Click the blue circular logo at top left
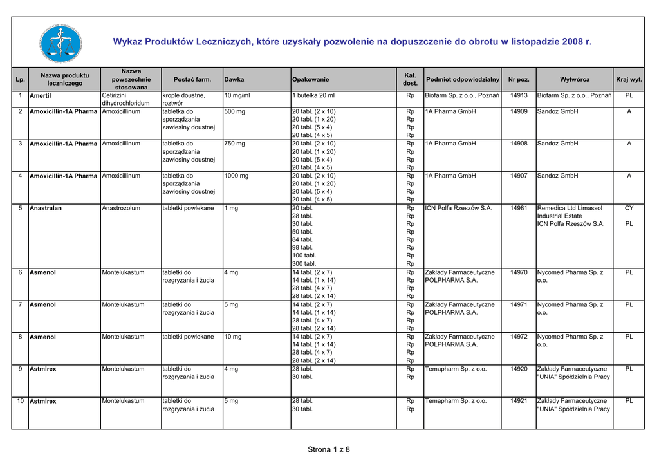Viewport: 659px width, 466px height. [x=60, y=42]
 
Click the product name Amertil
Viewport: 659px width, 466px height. [x=41, y=96]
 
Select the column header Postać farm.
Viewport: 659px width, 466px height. [x=192, y=79]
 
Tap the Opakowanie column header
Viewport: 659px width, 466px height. [x=310, y=79]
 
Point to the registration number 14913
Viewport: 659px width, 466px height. [x=519, y=95]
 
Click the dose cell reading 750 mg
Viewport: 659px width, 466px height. [x=234, y=144]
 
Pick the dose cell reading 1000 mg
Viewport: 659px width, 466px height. [x=236, y=176]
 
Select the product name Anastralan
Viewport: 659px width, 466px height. [x=46, y=209]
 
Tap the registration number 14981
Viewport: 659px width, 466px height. [x=519, y=208]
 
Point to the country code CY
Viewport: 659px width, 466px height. [x=629, y=208]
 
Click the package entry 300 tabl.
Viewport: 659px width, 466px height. [x=304, y=263]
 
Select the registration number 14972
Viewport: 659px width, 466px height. [x=519, y=337]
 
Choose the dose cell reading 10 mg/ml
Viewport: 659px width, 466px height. [x=237, y=95]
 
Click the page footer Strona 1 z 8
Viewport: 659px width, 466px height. [x=329, y=449]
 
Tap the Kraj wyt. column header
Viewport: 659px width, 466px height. [x=629, y=79]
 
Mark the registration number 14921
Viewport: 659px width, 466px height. [x=519, y=401]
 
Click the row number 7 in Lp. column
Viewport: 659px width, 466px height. [x=21, y=304]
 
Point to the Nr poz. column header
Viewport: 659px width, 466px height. [x=519, y=79]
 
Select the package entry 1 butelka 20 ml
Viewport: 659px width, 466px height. [x=313, y=95]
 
